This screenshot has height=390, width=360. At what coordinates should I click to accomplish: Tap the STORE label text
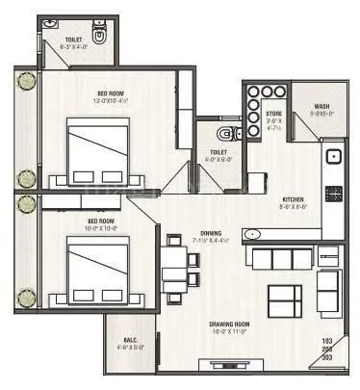pos(273,114)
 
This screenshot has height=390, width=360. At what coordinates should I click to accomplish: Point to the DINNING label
pos(212,233)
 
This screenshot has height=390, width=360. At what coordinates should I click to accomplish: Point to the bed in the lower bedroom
pos(96,266)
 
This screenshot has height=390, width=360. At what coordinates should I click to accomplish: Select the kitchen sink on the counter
pos(334,154)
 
